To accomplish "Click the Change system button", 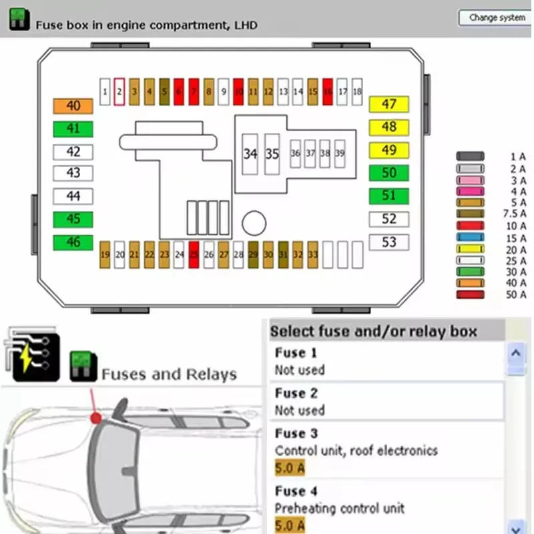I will [x=497, y=17].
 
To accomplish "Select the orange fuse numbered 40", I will [x=73, y=106].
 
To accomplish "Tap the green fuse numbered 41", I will [x=73, y=128].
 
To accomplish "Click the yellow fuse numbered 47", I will [x=388, y=104].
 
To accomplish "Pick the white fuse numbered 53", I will [x=388, y=242].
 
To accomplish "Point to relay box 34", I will [x=250, y=154].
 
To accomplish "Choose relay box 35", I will [x=272, y=154].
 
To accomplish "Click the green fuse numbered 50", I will [x=388, y=173].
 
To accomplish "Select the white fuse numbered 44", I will [x=73, y=196].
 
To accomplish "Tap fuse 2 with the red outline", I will [x=119, y=91].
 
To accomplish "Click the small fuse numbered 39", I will [x=340, y=154].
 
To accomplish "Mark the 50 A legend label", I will [x=517, y=294].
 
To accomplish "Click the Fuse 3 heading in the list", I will [x=296, y=433].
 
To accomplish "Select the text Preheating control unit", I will [x=340, y=509].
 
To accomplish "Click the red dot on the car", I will [x=96, y=418].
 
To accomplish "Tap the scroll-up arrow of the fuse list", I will [x=515, y=352].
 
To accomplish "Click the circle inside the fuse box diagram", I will [x=254, y=223].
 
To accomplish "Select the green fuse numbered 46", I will [x=73, y=242].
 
